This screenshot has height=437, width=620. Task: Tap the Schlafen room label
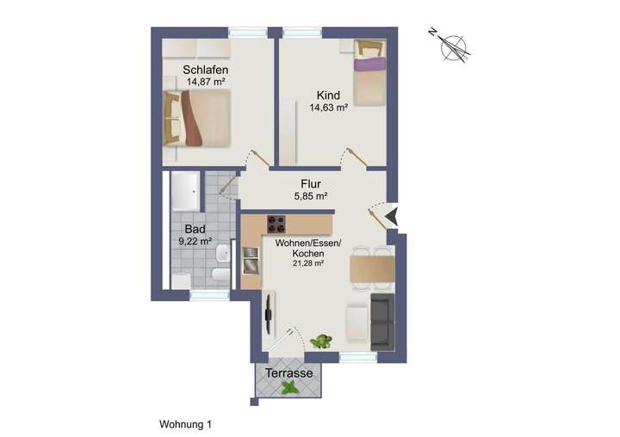click(205, 70)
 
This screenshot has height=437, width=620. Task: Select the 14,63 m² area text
click(328, 108)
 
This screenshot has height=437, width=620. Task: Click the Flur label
click(311, 183)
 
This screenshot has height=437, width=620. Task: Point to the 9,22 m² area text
click(195, 243)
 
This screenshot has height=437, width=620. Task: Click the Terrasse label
click(288, 373)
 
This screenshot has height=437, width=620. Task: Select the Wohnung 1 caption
click(185, 424)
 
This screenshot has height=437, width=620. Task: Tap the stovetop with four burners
click(277, 225)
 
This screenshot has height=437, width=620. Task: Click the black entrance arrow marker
click(391, 216)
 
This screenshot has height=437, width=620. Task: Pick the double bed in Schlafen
click(200, 119)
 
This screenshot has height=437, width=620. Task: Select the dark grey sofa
click(381, 321)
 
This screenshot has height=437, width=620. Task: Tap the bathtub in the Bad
click(185, 191)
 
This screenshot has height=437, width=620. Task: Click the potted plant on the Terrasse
click(291, 388)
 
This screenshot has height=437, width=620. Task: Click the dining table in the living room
click(372, 269)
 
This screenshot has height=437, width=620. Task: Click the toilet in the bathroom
click(220, 275)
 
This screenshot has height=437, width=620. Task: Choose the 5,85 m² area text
click(311, 196)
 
